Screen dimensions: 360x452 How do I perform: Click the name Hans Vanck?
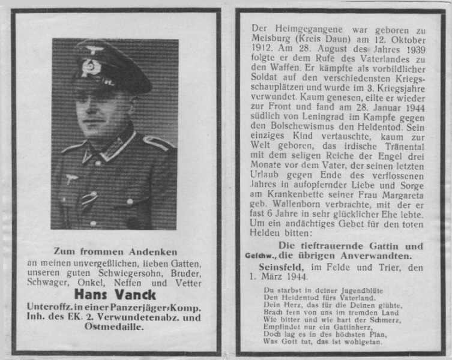pyautogui.click(x=115, y=295)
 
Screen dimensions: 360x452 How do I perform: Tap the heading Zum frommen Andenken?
pyautogui.click(x=115, y=251)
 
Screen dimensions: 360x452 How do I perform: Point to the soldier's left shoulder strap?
pyautogui.click(x=157, y=142)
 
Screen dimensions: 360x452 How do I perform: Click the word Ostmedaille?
pyautogui.click(x=116, y=327)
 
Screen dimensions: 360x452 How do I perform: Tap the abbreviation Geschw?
pyautogui.click(x=257, y=256)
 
